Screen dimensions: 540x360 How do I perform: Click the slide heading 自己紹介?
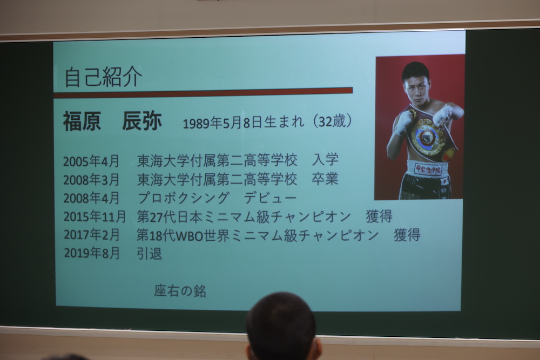pyautogui.click(x=103, y=77)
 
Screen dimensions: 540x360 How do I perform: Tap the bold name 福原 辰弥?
pyautogui.click(x=112, y=121)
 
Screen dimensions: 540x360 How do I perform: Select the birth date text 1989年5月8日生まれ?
pyautogui.click(x=244, y=123)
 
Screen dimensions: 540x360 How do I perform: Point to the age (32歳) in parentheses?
pyautogui.click(x=332, y=121)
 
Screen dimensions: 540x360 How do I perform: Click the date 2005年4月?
pyautogui.click(x=91, y=161)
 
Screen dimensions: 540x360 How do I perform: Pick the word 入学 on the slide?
pyautogui.click(x=325, y=160)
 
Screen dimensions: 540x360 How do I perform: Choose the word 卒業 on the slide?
pyautogui.click(x=325, y=179)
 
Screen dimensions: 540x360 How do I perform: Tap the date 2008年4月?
pyautogui.click(x=91, y=198)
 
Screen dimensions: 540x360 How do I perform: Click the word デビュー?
pyautogui.click(x=270, y=198)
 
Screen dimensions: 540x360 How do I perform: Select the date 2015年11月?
pyautogui.click(x=94, y=216)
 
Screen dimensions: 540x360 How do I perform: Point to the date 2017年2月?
pyautogui.click(x=91, y=235)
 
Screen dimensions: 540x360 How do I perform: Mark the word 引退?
pyautogui.click(x=149, y=254)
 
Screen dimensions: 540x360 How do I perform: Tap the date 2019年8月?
pyautogui.click(x=92, y=253)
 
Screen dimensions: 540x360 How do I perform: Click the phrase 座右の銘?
pyautogui.click(x=180, y=291)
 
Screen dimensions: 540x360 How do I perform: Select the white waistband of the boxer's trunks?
pyautogui.click(x=427, y=168)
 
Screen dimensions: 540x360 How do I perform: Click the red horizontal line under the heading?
pyautogui.click(x=203, y=93)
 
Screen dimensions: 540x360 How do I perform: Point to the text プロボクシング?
pyautogui.click(x=183, y=198)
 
